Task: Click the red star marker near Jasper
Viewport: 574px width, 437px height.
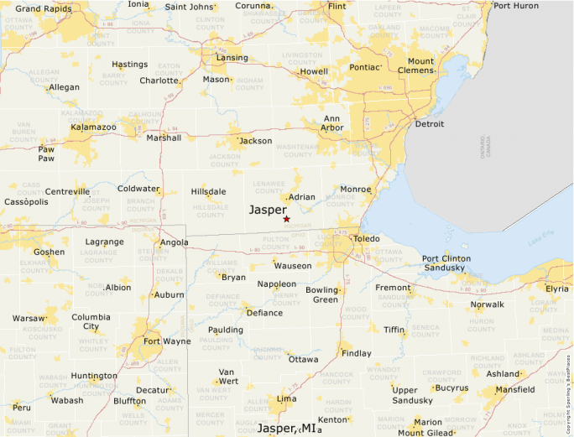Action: pos(286,219)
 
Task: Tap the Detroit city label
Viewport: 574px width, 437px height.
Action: pos(430,124)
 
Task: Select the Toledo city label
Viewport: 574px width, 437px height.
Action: pos(367,238)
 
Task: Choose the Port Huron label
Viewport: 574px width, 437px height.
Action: pos(516,6)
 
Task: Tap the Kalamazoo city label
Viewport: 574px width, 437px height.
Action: pos(93,127)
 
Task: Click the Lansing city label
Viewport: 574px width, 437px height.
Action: pos(232,58)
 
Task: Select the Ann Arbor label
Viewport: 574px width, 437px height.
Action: pos(332,123)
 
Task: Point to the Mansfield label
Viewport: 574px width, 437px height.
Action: pos(516,390)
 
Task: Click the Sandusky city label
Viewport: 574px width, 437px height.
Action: pos(444,268)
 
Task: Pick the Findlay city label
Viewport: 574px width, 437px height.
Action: pos(357,353)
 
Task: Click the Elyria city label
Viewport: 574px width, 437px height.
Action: pos(557,289)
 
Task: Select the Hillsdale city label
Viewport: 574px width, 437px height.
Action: pos(208,192)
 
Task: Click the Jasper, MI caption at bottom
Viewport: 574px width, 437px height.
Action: pos(288,429)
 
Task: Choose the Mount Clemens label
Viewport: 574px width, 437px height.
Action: pos(420,66)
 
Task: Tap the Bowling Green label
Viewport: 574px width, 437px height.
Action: pos(321,294)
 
